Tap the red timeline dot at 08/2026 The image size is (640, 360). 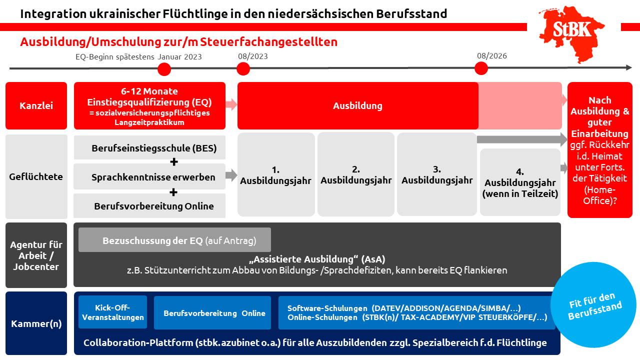tap(481, 68)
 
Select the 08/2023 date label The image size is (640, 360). tap(252, 56)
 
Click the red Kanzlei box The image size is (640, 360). tap(36, 106)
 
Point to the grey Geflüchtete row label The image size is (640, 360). tap(36, 176)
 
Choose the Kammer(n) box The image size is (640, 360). tap(36, 323)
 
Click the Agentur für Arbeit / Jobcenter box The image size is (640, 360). tap(36, 255)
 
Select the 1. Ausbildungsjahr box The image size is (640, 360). tap(276, 174)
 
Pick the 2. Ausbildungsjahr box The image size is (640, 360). tap(356, 174)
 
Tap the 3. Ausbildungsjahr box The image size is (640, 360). tap(436, 174)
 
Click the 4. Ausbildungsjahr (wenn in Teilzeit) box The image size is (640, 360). tap(520, 182)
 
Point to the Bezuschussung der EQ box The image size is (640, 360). tap(174, 240)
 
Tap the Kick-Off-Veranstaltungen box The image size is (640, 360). tap(112, 312)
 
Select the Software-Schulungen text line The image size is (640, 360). tap(404, 308)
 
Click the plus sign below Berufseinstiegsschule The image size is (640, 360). tap(174, 162)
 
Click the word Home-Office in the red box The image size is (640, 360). tap(599, 195)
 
